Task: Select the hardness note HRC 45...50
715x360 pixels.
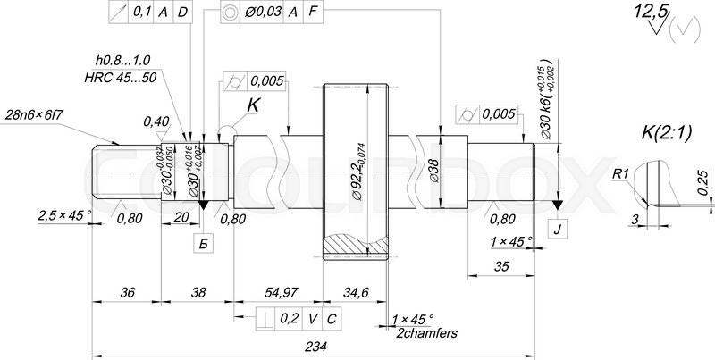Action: (121, 78)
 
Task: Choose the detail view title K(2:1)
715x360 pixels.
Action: (668, 132)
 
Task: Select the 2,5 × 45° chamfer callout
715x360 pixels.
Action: (65, 215)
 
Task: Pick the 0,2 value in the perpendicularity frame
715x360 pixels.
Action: (289, 318)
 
